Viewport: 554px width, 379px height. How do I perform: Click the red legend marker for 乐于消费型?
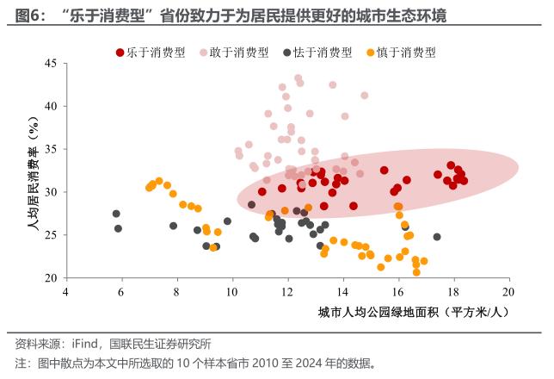(120, 52)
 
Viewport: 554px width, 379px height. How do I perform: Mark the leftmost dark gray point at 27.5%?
(116, 214)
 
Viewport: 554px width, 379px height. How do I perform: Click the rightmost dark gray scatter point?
(437, 237)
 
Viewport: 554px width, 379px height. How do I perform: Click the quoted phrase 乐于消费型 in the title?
(101, 16)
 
